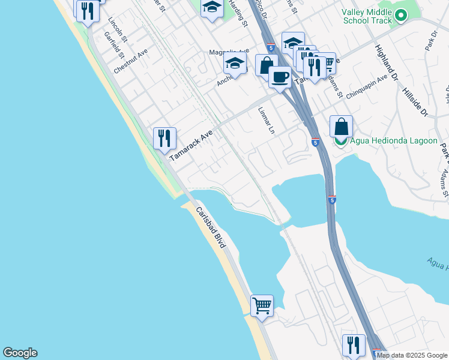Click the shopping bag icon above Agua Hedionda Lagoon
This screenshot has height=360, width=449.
(x=341, y=127)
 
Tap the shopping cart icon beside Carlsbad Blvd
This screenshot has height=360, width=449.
(x=262, y=306)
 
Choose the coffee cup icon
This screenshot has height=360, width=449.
(x=280, y=77)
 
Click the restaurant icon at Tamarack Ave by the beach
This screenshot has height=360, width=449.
(x=164, y=139)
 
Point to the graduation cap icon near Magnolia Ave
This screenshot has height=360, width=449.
(x=235, y=63)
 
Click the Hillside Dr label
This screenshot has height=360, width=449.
(x=415, y=97)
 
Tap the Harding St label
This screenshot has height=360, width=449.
(x=238, y=13)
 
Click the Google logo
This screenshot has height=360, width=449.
(x=20, y=353)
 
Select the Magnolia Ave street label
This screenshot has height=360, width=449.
(x=228, y=52)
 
